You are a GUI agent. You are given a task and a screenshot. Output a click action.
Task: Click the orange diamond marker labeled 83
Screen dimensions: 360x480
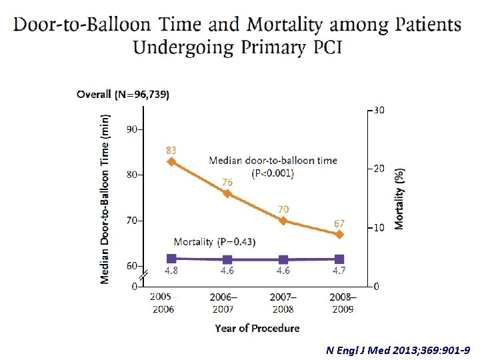click(x=171, y=161)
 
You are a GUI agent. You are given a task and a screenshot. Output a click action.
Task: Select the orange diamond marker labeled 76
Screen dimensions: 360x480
click(x=227, y=193)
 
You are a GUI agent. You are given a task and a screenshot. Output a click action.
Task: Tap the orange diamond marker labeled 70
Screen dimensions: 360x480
click(x=283, y=221)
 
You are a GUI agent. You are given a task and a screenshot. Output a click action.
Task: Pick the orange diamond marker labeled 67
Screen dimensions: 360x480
click(x=339, y=235)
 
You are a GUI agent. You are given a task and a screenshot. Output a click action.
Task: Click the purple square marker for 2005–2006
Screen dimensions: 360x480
click(x=171, y=258)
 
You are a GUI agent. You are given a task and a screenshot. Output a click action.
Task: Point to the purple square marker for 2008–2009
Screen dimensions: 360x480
click(x=339, y=259)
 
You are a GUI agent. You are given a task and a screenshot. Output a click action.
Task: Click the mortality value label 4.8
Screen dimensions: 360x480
click(x=171, y=271)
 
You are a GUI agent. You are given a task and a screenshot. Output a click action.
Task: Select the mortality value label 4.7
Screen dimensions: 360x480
click(x=339, y=271)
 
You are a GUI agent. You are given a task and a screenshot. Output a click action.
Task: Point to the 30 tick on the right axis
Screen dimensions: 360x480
click(x=377, y=110)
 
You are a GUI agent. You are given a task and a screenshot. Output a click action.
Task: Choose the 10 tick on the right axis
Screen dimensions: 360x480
click(x=377, y=228)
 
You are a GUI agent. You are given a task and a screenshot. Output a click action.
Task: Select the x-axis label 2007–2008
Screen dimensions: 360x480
click(x=283, y=303)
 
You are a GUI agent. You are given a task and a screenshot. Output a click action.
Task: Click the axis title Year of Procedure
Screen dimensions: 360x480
click(x=257, y=328)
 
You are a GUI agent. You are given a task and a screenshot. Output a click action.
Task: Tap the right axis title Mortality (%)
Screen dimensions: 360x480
click(x=399, y=199)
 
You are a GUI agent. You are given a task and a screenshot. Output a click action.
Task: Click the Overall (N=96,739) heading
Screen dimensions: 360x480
click(x=123, y=95)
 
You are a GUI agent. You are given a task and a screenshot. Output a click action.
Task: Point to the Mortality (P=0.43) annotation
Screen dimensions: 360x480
click(x=214, y=241)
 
